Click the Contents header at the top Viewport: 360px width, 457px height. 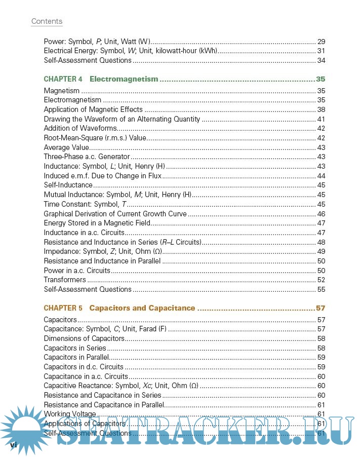point(47,21)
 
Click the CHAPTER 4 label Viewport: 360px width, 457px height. point(63,79)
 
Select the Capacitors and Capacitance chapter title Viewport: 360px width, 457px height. point(142,308)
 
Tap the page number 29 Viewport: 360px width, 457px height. point(321,42)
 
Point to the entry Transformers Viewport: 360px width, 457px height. point(65,280)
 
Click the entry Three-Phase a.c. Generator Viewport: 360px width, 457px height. point(80,157)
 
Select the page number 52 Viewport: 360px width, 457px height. point(321,280)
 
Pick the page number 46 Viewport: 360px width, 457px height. point(321,214)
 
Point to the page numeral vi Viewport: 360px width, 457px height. point(14,444)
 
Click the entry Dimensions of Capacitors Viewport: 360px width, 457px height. point(84,338)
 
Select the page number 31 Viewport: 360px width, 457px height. point(321,51)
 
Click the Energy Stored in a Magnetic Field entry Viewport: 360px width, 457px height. point(97,223)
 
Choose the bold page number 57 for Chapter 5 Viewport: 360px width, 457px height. point(320,308)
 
